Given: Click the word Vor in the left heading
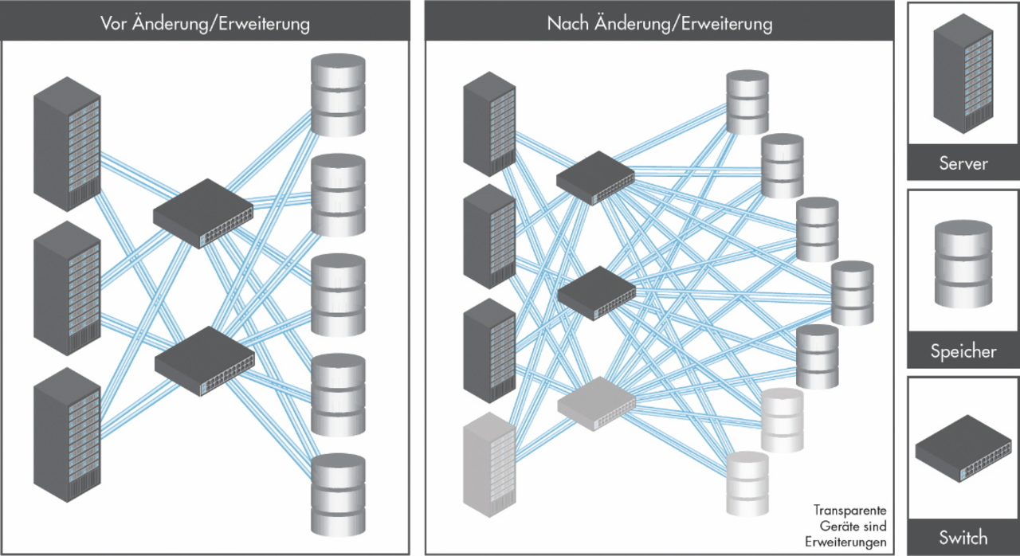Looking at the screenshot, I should (x=116, y=24).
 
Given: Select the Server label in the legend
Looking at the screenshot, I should (x=963, y=164).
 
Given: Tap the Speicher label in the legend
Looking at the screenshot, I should (x=963, y=351).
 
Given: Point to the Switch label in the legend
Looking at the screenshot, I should (x=963, y=538).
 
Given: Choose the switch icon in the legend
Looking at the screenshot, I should (x=963, y=451).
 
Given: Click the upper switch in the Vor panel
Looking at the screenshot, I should (x=202, y=213).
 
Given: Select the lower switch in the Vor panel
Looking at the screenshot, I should (x=204, y=362).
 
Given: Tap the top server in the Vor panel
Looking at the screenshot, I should (x=67, y=143).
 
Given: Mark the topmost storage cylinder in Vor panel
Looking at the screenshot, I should (x=338, y=94).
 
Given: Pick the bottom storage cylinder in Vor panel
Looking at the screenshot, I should (x=338, y=494).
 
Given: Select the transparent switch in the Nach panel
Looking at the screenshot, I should (x=596, y=402).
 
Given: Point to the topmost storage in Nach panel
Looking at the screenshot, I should (x=747, y=102).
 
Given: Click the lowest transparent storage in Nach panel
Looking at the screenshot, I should (x=747, y=483).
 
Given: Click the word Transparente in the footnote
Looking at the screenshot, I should (x=849, y=510).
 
